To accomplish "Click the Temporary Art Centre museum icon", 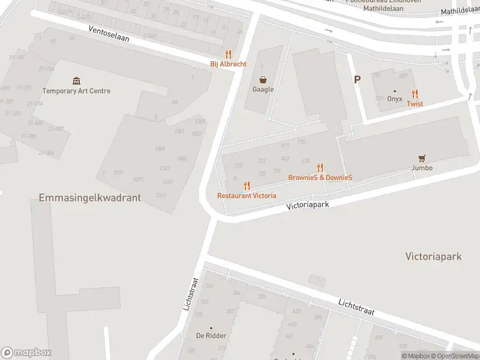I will [x=76, y=81].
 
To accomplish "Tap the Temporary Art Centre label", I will [x=76, y=91].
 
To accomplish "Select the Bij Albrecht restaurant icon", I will [x=228, y=54].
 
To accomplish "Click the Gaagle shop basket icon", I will [x=263, y=79].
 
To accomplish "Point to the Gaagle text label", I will [x=263, y=89].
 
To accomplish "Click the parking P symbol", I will [x=358, y=79].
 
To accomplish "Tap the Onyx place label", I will [x=394, y=99].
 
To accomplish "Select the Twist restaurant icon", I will [x=415, y=93].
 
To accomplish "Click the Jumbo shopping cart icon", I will [x=422, y=158].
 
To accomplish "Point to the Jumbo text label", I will [x=422, y=168].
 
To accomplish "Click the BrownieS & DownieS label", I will [x=320, y=178].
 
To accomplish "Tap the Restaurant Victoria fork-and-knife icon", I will [x=247, y=186].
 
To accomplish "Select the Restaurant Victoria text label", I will [x=247, y=196].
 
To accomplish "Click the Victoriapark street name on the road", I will [x=308, y=205].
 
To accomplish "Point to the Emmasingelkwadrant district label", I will [x=89, y=197].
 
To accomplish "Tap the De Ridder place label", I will [x=211, y=335].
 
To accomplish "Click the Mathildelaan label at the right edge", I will [x=460, y=11].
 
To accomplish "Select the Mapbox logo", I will [x=26, y=353].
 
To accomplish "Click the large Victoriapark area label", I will [x=433, y=256].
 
